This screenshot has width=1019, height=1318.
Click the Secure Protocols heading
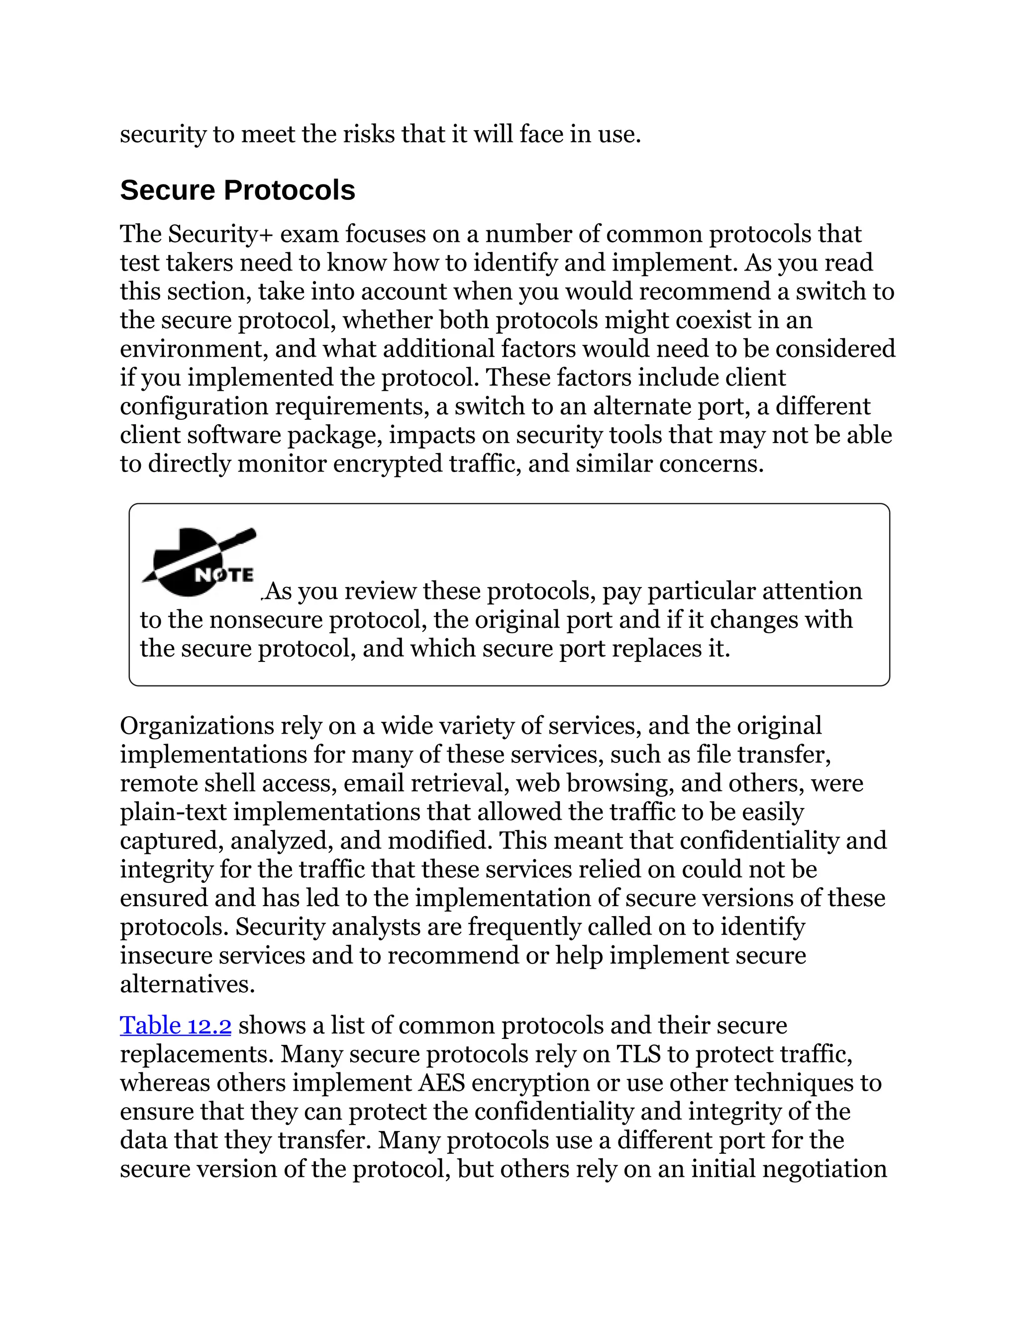point(237,190)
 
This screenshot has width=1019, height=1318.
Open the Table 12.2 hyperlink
point(175,1026)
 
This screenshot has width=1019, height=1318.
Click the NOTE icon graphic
point(199,563)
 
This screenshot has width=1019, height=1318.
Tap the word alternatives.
point(187,984)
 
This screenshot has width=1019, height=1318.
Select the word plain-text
point(173,812)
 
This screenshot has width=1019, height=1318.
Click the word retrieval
point(459,783)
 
